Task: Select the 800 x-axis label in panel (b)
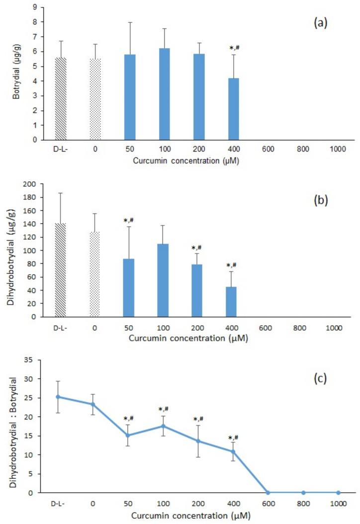tap(303, 329)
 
